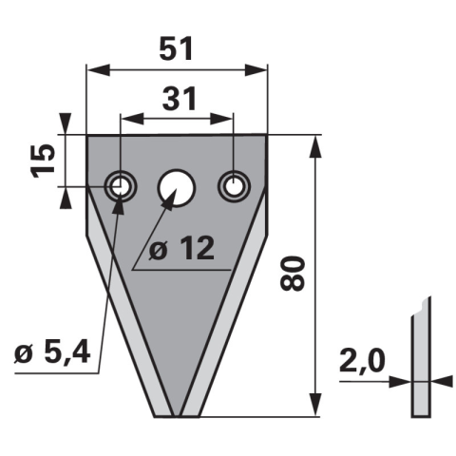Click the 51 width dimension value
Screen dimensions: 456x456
(x=177, y=48)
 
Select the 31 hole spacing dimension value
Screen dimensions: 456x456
(x=180, y=98)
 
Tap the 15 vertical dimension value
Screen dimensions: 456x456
(x=43, y=161)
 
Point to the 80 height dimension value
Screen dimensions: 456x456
(x=293, y=274)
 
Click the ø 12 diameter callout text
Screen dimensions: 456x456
(x=182, y=249)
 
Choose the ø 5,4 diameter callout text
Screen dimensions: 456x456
(x=52, y=352)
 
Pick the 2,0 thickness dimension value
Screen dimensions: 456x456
(x=362, y=360)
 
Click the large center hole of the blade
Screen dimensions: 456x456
(x=177, y=188)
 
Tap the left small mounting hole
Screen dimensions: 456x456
(x=121, y=186)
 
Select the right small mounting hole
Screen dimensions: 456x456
(x=235, y=186)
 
